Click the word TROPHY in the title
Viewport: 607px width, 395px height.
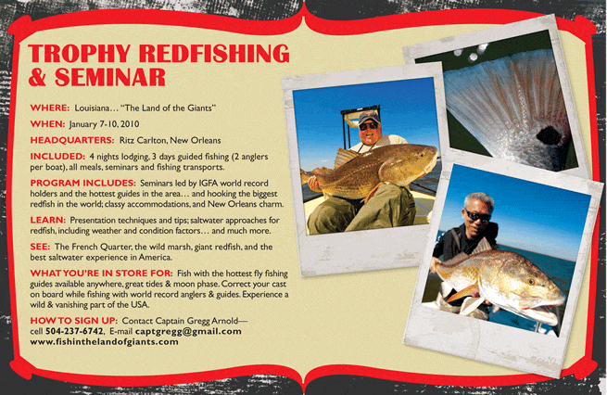click(x=79, y=53)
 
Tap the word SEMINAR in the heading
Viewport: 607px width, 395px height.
click(x=110, y=77)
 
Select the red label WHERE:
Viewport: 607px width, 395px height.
click(x=50, y=108)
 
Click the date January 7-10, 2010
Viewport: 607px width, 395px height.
click(x=104, y=124)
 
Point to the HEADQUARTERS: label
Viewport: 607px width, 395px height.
click(x=72, y=140)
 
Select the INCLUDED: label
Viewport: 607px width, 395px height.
click(x=57, y=157)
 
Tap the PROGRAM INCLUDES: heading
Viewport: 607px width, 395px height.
click(x=83, y=183)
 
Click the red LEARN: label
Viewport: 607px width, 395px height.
click(x=48, y=220)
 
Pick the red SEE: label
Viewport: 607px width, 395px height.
click(x=40, y=247)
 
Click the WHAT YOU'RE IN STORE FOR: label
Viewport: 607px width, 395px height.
click(x=101, y=273)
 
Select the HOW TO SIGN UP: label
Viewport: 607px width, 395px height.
click(x=74, y=321)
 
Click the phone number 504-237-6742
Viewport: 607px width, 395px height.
click(x=74, y=332)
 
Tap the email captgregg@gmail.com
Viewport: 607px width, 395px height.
click(x=188, y=332)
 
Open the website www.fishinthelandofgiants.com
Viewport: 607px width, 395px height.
click(x=105, y=342)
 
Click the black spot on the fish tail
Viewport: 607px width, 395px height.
click(x=549, y=135)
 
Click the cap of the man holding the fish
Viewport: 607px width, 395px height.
click(x=369, y=117)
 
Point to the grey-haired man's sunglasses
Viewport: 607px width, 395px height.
click(x=477, y=216)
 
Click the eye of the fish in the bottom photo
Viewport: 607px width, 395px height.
click(x=532, y=282)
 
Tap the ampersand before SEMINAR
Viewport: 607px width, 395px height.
click(x=38, y=77)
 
